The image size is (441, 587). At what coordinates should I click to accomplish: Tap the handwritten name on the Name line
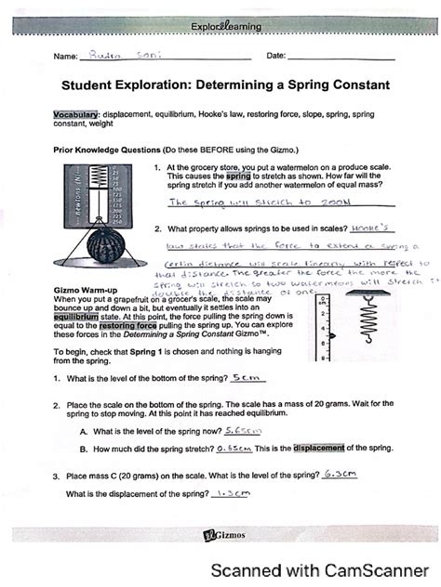coord(121,56)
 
